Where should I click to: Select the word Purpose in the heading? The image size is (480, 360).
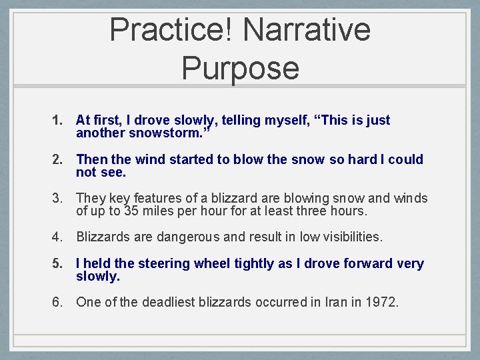click(240, 68)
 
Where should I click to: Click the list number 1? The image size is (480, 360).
click(57, 121)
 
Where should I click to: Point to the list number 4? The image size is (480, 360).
click(57, 237)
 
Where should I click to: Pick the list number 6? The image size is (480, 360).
click(57, 302)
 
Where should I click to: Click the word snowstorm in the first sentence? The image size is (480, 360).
click(170, 133)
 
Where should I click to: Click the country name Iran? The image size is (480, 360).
click(325, 302)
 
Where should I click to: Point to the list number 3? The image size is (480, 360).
click(57, 199)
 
